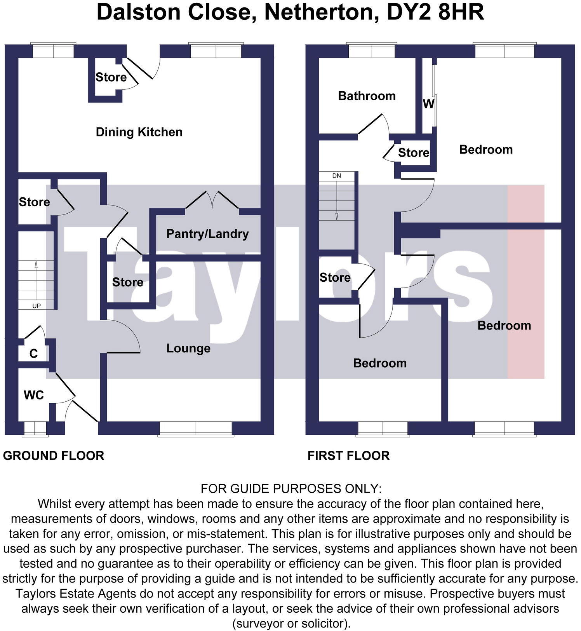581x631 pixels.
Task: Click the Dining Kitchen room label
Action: (x=139, y=132)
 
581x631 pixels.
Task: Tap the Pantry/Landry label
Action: (x=207, y=234)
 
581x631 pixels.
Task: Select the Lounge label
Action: (x=188, y=348)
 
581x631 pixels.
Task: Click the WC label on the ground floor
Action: (x=34, y=395)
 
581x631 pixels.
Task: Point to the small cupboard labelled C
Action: (x=33, y=354)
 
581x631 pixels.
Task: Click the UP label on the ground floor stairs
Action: (x=37, y=306)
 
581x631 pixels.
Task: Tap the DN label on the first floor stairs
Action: (x=336, y=176)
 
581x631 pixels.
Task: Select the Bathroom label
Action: (x=367, y=96)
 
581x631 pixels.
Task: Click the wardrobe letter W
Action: (x=428, y=104)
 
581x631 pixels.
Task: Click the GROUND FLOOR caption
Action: (x=54, y=455)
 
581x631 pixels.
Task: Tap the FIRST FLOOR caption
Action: (x=348, y=455)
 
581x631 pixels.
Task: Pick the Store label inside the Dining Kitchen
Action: (x=111, y=77)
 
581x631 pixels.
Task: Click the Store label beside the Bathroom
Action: (x=414, y=153)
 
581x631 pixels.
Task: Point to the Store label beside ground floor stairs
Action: (x=34, y=202)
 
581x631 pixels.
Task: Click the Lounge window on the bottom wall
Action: (x=196, y=429)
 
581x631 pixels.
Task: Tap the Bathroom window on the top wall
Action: (x=372, y=51)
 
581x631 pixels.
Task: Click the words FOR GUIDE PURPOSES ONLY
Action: (x=291, y=488)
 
